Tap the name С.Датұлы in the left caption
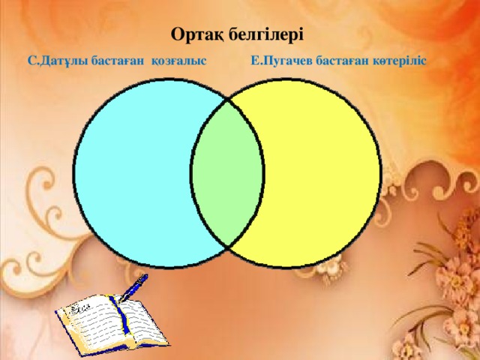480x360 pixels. [x=56, y=61]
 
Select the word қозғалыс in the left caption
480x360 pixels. [x=179, y=61]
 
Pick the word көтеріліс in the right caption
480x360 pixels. [x=397, y=60]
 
